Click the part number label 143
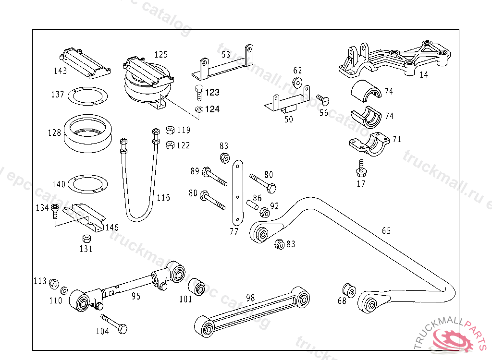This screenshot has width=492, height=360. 61,71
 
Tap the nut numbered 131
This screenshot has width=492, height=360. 86,239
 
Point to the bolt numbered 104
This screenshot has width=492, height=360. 114,324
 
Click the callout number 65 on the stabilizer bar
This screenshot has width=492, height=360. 386,231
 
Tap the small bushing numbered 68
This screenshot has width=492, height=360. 349,290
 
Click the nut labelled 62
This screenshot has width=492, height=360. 297,82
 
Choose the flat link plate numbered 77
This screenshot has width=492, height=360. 238,192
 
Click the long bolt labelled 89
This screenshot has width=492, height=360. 214,176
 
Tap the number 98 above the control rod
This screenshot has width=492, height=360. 250,298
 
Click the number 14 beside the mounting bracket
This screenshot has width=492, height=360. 423,74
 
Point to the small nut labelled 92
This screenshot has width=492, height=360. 264,212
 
